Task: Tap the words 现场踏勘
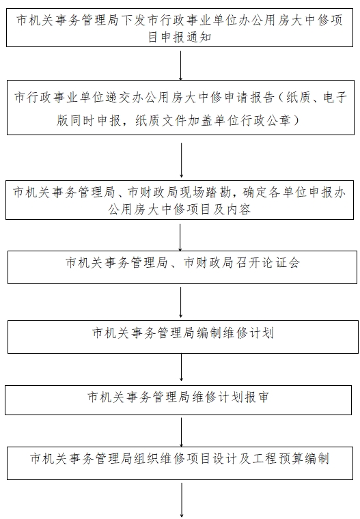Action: [x=205, y=193]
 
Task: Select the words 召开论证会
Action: [x=268, y=263]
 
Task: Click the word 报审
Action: [x=257, y=397]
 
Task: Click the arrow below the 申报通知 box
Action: [x=180, y=66]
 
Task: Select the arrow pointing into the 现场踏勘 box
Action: [x=181, y=160]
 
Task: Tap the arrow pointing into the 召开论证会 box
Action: [x=180, y=238]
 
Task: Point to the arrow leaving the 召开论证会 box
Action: [x=180, y=303]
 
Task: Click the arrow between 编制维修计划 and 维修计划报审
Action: [x=181, y=367]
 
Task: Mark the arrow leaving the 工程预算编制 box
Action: [x=182, y=500]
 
